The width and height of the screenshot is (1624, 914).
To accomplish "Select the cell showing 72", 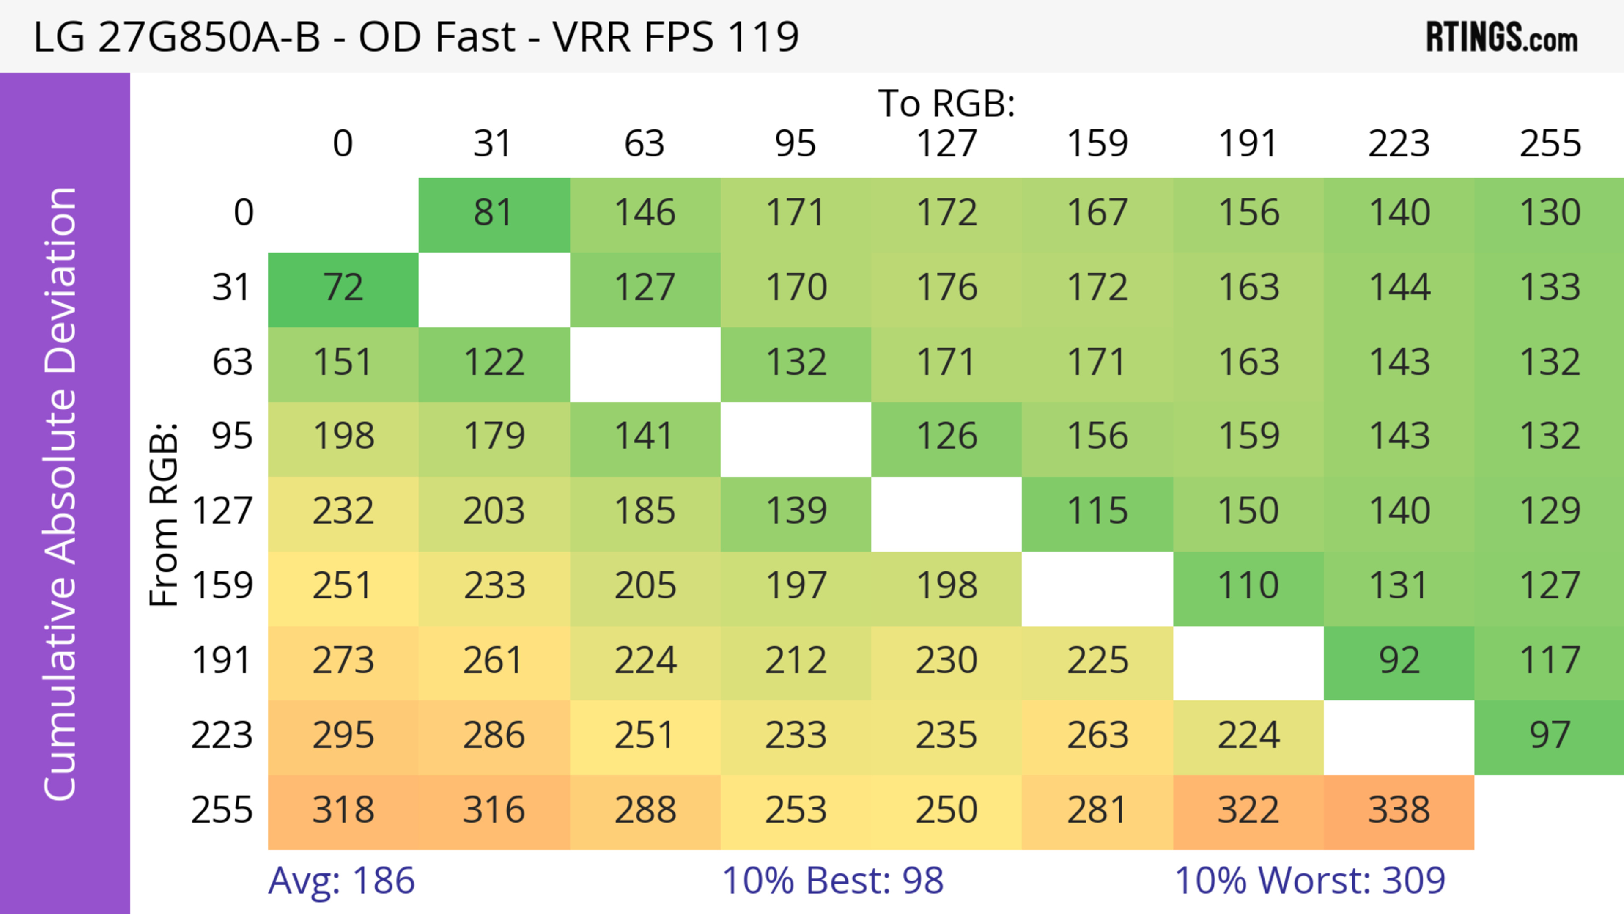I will click(x=343, y=289).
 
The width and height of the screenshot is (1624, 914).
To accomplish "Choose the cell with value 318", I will click(x=343, y=811).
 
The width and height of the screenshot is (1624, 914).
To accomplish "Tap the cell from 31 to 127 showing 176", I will click(x=946, y=289).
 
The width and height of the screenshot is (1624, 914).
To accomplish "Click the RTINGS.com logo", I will click(x=1502, y=38).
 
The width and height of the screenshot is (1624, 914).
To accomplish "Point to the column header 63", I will click(x=644, y=144).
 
